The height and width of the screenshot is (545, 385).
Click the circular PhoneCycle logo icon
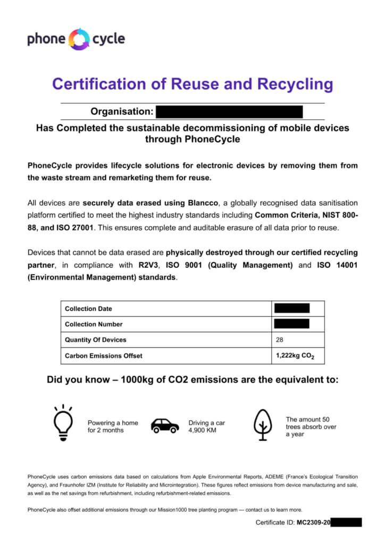(80, 39)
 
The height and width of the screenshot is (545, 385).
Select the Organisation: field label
(122, 112)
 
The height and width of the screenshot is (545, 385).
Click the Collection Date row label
(88, 309)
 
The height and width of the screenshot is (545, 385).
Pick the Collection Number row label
(94, 324)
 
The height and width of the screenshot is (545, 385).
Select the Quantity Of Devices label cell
(96, 340)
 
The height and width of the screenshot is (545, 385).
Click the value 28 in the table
(280, 340)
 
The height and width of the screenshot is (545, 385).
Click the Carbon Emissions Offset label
(104, 356)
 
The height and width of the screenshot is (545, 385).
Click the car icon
(165, 425)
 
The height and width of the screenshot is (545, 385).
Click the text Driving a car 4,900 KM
(206, 426)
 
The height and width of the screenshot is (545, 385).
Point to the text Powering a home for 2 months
(113, 426)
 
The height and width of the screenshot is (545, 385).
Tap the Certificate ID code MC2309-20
(313, 523)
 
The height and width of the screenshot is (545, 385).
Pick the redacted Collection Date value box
(291, 309)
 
